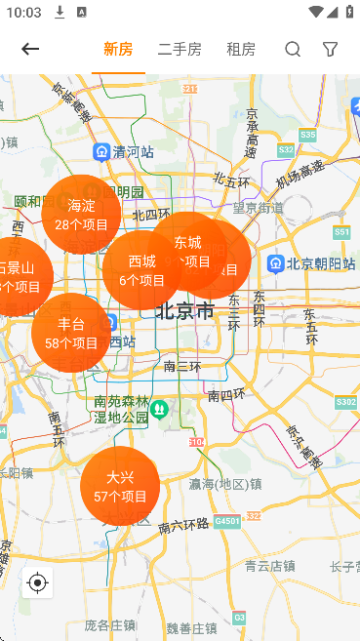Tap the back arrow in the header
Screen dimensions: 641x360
pos(30,50)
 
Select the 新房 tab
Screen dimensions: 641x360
pos(118,50)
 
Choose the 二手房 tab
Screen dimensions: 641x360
pos(180,50)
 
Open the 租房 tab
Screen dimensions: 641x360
pos(241,50)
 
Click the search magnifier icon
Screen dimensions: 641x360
pos(293,50)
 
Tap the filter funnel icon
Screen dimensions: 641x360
pos(331,50)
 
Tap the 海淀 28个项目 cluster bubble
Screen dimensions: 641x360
pos(81,214)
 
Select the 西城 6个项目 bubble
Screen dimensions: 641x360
pos(141,269)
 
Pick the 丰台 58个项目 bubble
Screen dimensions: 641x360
pos(71,333)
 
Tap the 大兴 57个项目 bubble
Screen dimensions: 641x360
pos(120,486)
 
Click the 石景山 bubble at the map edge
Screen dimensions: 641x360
pos(18,276)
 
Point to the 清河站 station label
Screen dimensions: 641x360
pos(124,152)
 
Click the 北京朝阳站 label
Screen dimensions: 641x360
pos(308,264)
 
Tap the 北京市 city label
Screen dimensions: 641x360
pos(184,311)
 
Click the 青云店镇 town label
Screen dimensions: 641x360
pos(269,564)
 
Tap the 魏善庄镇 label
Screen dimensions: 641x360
pos(191,627)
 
